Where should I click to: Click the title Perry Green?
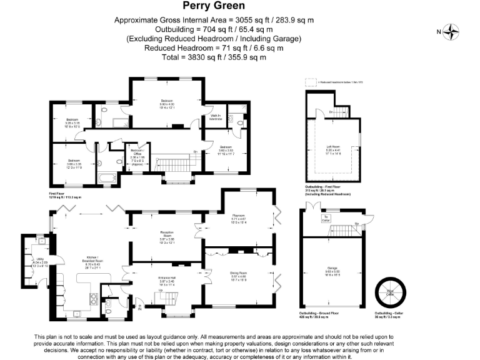[213, 6]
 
